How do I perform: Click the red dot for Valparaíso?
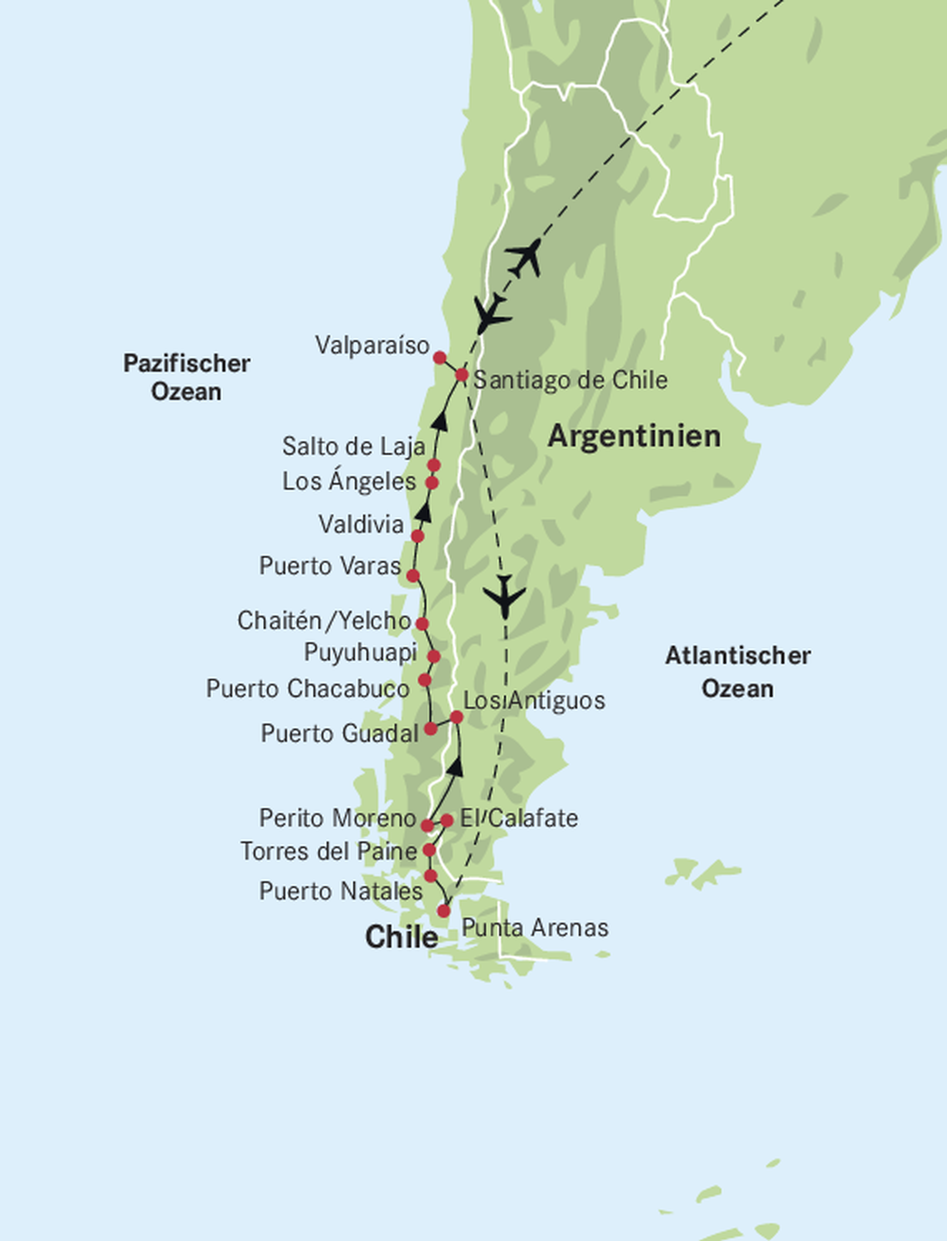coord(440,358)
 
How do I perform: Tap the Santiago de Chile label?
coord(570,380)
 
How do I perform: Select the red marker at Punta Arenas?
coord(443,911)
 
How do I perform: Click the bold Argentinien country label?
coord(634,437)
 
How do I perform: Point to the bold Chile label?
coord(401,937)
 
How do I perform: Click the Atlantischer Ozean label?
coord(738,672)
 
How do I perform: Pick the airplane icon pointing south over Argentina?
coord(504,596)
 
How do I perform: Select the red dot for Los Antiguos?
coord(456,717)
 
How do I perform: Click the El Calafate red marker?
coord(446,820)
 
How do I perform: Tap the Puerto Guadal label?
coord(339,734)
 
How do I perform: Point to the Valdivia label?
coord(361,525)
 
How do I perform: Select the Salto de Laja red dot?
coord(433,465)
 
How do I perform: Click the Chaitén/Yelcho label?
coord(324,621)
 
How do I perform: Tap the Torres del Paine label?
coord(329,851)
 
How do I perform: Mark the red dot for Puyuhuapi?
coord(433,656)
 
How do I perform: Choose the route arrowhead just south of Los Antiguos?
coord(455,767)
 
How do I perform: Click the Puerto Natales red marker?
coord(430,875)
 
